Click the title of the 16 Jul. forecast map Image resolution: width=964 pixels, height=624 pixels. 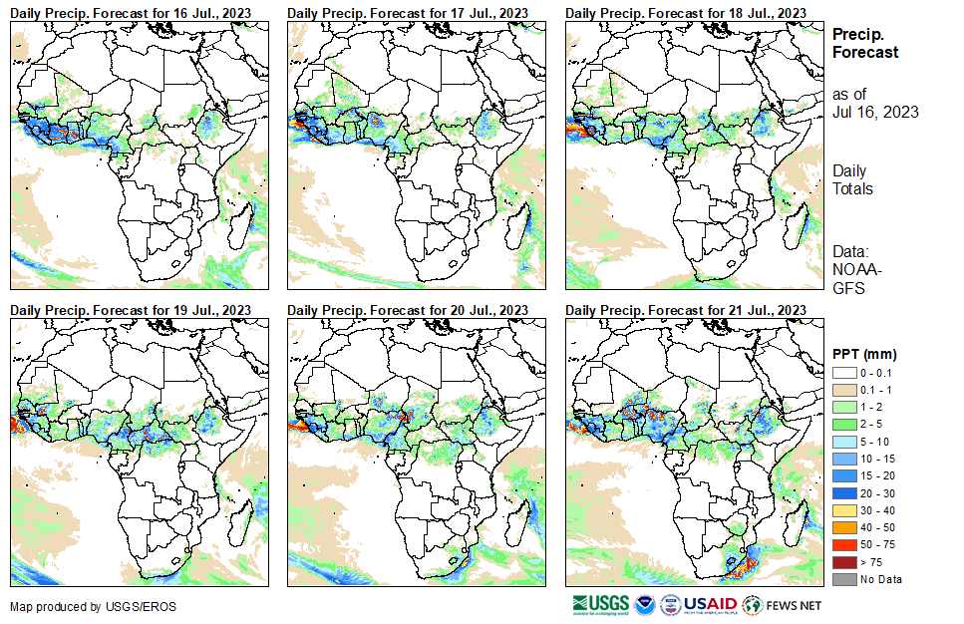[131, 12]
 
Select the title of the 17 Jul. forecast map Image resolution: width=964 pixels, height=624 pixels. [408, 12]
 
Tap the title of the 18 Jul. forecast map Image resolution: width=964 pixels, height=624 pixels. [685, 12]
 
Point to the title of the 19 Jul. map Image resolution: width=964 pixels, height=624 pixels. [131, 310]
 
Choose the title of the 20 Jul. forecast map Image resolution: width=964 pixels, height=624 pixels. [408, 310]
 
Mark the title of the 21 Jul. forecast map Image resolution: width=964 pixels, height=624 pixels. [685, 310]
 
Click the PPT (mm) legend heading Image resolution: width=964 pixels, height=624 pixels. [864, 354]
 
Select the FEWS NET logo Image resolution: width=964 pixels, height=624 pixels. [783, 604]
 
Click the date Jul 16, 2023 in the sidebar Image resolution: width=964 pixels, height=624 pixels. [875, 112]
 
